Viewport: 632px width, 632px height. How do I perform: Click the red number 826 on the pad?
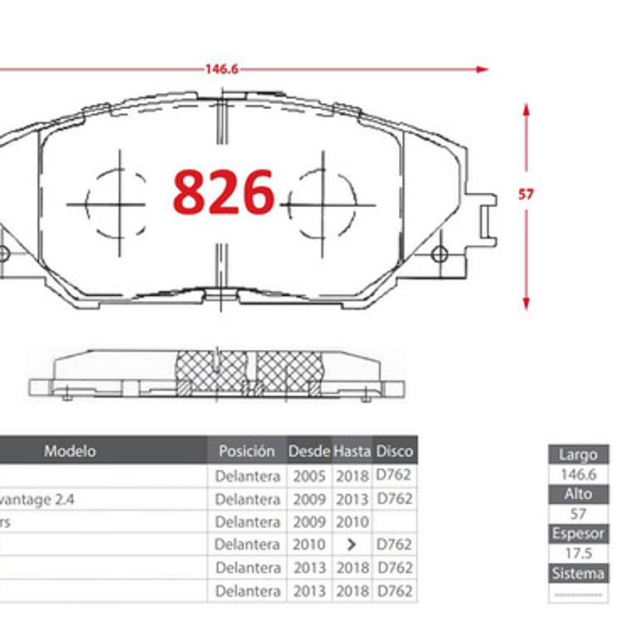coord(223,192)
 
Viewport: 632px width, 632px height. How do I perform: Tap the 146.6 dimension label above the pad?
coord(222,69)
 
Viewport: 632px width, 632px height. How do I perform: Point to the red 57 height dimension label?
coord(526,195)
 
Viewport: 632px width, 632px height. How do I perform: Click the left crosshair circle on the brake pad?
coord(119,204)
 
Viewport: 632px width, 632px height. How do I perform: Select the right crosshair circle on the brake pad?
coord(322,204)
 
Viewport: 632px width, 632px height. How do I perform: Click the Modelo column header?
coord(70,451)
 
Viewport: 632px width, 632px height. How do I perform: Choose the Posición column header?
coord(246,451)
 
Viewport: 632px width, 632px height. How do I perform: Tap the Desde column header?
coord(309,452)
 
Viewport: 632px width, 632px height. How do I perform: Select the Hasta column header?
coord(352,452)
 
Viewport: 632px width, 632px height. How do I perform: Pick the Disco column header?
coord(394,452)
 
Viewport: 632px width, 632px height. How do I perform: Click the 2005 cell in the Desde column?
coord(309,476)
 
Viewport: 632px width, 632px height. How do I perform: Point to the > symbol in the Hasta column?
coord(352,545)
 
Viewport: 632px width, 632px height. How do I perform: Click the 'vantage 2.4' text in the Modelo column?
coord(43,499)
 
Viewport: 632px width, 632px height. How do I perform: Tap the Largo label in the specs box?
coord(578,455)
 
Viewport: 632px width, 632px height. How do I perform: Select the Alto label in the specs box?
coord(578,494)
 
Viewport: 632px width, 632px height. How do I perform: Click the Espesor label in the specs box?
coord(578,534)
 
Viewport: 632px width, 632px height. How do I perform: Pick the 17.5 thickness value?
coord(578,554)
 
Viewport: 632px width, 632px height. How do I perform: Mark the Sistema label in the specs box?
coord(578,573)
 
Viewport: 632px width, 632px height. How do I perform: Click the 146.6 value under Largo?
coord(578,475)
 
